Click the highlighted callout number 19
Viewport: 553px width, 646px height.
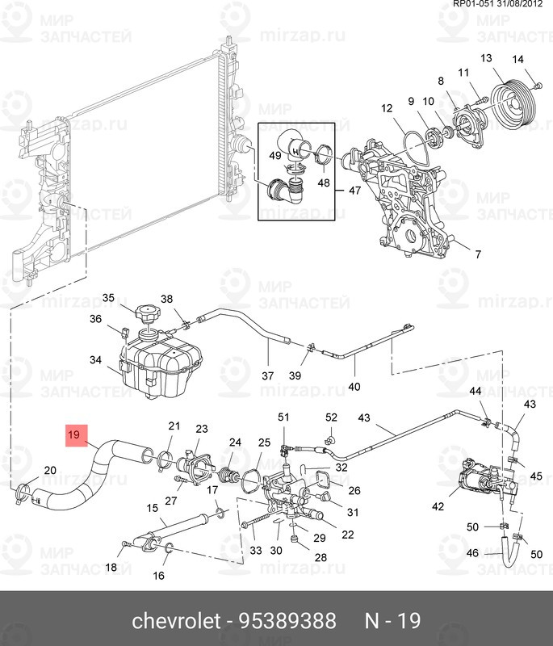coord(74,435)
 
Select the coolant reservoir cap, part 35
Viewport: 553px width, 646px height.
coord(148,313)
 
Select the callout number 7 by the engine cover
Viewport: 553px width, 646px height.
coord(477,254)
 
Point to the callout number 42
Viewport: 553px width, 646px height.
coord(438,507)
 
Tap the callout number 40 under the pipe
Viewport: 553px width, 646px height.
coord(354,387)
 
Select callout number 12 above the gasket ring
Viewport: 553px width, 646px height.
coord(386,108)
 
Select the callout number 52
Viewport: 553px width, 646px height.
coord(331,417)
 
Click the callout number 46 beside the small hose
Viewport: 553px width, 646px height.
coord(474,554)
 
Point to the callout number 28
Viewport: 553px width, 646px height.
coord(298,558)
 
